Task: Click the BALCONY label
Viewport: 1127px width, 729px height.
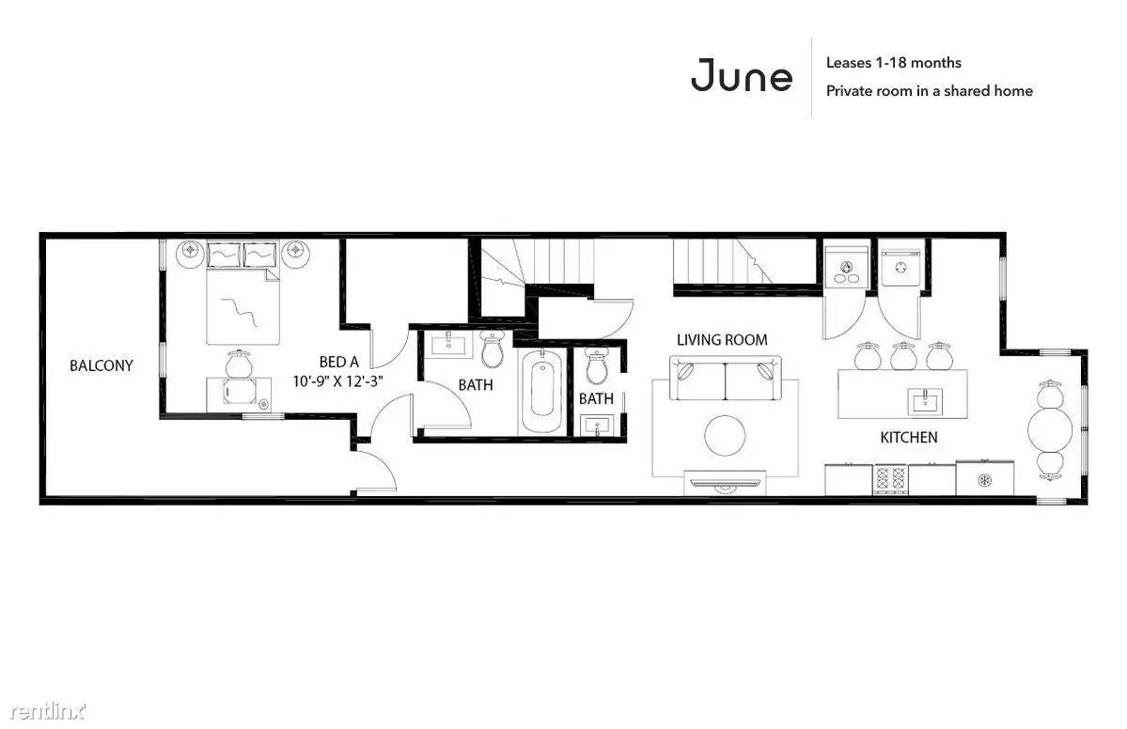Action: pos(102,365)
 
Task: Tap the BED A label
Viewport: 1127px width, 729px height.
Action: pos(338,362)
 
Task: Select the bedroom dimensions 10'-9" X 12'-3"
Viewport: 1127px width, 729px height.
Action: pos(337,381)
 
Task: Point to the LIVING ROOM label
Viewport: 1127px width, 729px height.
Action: pos(722,340)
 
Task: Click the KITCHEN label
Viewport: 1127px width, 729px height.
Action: pos(909,438)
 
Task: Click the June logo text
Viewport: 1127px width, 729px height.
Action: pos(742,75)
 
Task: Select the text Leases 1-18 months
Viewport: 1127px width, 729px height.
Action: pos(893,63)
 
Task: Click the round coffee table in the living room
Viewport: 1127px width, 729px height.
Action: pos(725,435)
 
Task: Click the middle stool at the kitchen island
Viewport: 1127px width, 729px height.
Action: pos(902,355)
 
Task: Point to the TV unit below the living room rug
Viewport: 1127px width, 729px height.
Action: pos(725,483)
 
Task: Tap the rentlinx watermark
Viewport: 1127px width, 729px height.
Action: pos(47,711)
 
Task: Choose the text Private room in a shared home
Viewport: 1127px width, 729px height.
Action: pos(930,90)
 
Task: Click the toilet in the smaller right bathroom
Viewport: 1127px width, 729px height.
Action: pos(597,367)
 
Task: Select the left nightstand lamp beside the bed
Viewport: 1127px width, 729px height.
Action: pos(191,253)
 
